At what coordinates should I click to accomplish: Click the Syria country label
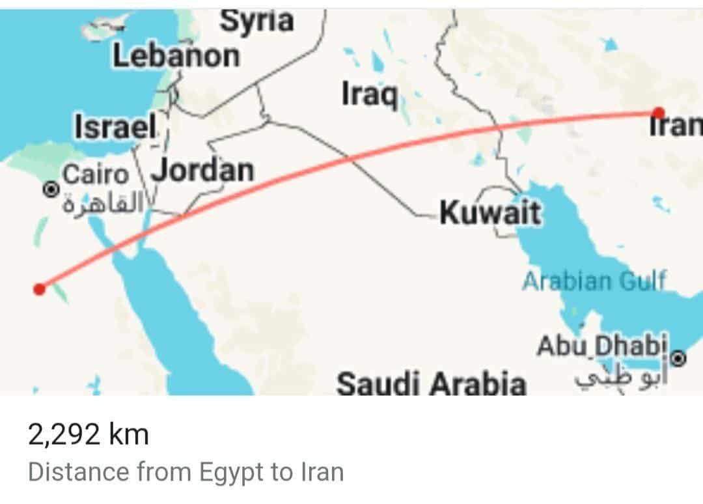[x=256, y=21]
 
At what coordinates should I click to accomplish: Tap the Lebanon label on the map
[x=176, y=57]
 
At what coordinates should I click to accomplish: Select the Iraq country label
[x=369, y=95]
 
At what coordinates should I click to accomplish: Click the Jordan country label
[x=202, y=171]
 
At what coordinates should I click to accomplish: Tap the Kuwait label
[x=490, y=212]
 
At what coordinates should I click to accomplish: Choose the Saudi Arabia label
[x=430, y=384]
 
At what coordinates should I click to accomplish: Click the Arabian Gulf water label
[x=594, y=281]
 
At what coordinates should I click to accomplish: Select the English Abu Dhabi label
[x=602, y=346]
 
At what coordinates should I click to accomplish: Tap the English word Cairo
[x=95, y=175]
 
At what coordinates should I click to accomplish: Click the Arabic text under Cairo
[x=103, y=204]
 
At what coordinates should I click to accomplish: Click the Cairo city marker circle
[x=50, y=189]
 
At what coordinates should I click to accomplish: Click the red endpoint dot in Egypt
[x=40, y=288]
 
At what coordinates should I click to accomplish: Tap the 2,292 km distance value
[x=89, y=434]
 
